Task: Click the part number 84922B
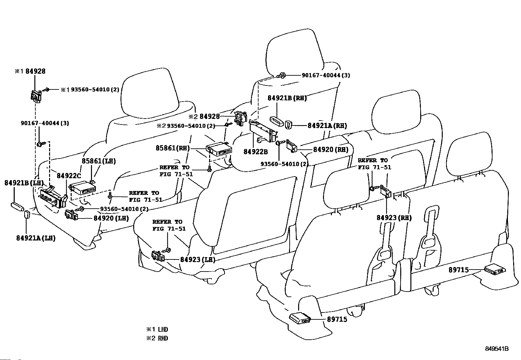pos(256,152)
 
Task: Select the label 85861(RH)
pos(172,148)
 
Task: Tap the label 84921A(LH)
pos(36,238)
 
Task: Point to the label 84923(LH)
pos(198,259)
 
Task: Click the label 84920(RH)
pos(331,149)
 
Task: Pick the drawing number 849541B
pos(497,349)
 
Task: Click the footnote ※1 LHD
pos(157,329)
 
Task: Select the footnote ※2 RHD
pos(157,338)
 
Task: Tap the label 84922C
pos(69,175)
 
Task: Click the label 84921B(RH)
pos(287,98)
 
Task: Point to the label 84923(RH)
pos(394,218)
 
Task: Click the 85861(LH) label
pos(99,161)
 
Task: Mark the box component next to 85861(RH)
pos(219,149)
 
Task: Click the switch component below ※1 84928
pos(36,96)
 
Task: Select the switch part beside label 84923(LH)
pos(158,256)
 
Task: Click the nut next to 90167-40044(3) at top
pos(281,75)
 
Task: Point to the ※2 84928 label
pos(204,116)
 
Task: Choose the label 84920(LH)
pos(111,218)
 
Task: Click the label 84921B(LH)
pos(24,183)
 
